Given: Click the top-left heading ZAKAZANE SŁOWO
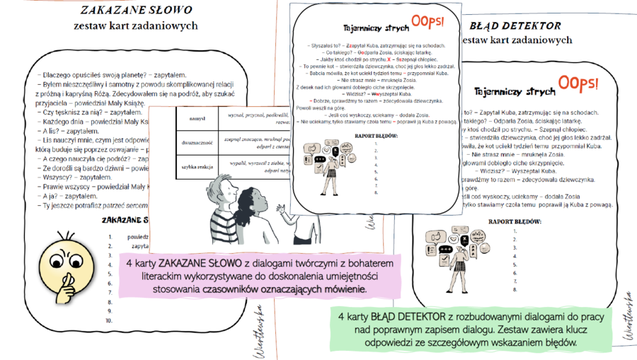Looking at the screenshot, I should coord(135,11).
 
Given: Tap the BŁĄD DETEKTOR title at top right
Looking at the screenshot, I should coord(515,25).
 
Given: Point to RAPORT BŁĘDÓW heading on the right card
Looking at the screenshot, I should coord(516,221).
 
